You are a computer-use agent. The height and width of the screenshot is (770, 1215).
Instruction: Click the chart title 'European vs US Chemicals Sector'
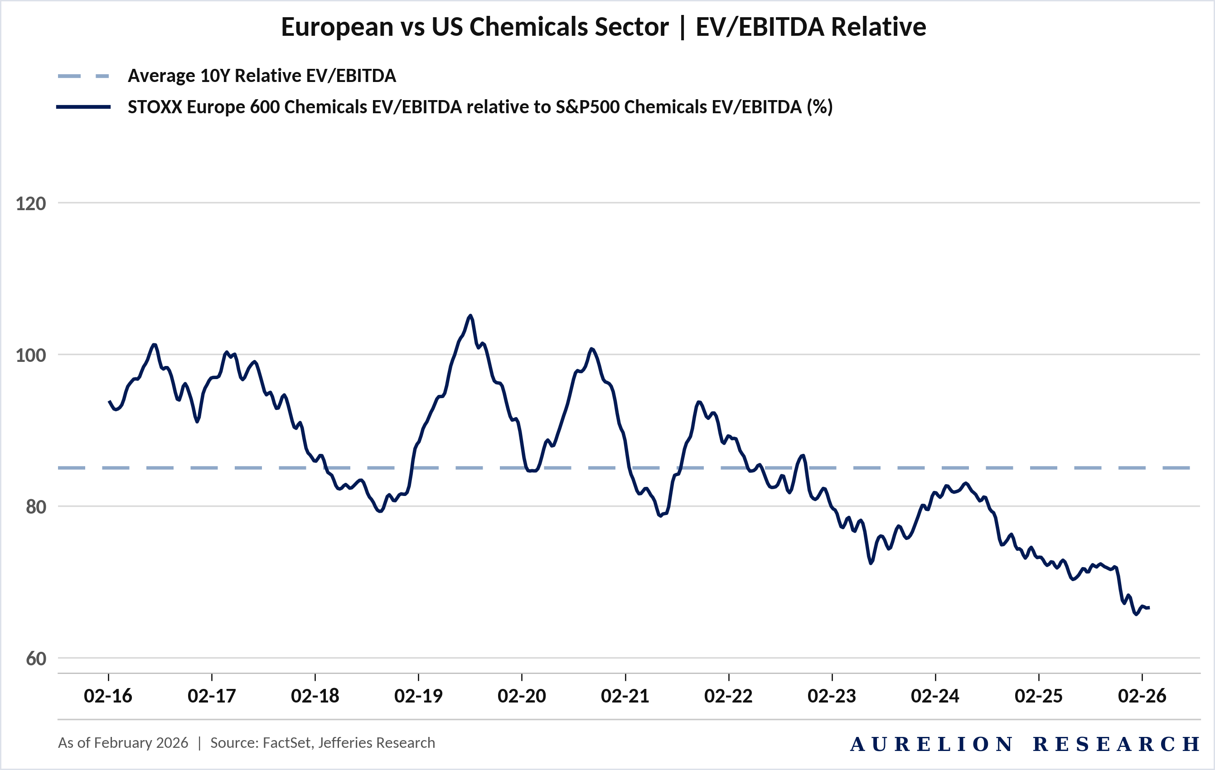pyautogui.click(x=475, y=27)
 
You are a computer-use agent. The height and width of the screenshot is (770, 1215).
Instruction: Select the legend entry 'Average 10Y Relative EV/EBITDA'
pyautogui.click(x=262, y=76)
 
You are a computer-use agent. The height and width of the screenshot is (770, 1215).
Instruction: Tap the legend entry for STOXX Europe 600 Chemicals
pyautogui.click(x=480, y=107)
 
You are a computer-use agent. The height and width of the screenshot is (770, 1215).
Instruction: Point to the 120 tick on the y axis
pyautogui.click(x=31, y=203)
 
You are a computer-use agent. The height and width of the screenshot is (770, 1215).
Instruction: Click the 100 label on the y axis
pyautogui.click(x=31, y=355)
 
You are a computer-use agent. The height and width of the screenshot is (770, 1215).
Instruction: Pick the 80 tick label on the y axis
pyautogui.click(x=36, y=507)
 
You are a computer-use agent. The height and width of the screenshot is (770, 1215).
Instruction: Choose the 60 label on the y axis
pyautogui.click(x=36, y=659)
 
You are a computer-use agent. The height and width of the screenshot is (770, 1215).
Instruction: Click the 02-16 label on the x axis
pyautogui.click(x=108, y=696)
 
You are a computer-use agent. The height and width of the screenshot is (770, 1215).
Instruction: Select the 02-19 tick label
pyautogui.click(x=418, y=696)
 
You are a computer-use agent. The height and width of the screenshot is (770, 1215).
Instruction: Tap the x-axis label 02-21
pyautogui.click(x=625, y=696)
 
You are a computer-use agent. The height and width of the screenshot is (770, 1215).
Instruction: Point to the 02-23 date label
pyautogui.click(x=832, y=696)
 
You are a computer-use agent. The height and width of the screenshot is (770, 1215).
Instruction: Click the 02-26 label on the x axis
pyautogui.click(x=1142, y=696)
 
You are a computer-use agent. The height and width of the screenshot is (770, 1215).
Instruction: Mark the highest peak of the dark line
pyautogui.click(x=470, y=316)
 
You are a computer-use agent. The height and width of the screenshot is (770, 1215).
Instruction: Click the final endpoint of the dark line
pyautogui.click(x=1149, y=608)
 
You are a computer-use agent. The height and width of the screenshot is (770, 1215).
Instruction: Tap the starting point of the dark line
pyautogui.click(x=109, y=401)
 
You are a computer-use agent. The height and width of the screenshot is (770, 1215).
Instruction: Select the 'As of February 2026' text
pyautogui.click(x=123, y=743)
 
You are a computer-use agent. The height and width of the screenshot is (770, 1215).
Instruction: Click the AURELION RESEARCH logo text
pyautogui.click(x=1025, y=744)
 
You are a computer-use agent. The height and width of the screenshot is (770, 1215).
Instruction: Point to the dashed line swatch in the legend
pyautogui.click(x=84, y=76)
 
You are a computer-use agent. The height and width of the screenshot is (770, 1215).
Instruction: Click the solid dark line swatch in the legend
pyautogui.click(x=84, y=107)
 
